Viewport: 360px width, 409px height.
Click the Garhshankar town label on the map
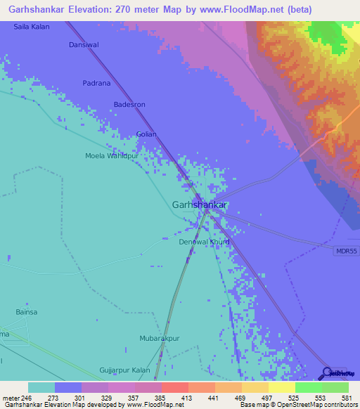click(x=199, y=204)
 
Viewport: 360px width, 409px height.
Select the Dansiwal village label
click(x=82, y=45)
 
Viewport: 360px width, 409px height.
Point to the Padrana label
click(x=96, y=83)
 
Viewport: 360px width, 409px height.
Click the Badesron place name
click(x=129, y=105)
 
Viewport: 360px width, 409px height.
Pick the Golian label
click(x=146, y=134)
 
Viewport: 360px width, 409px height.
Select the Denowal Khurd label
click(x=203, y=242)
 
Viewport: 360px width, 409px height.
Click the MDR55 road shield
click(x=344, y=251)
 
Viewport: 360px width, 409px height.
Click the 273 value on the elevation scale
click(x=54, y=398)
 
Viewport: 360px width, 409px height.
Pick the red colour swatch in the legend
click(x=174, y=387)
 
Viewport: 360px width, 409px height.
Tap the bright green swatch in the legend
click(x=308, y=387)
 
